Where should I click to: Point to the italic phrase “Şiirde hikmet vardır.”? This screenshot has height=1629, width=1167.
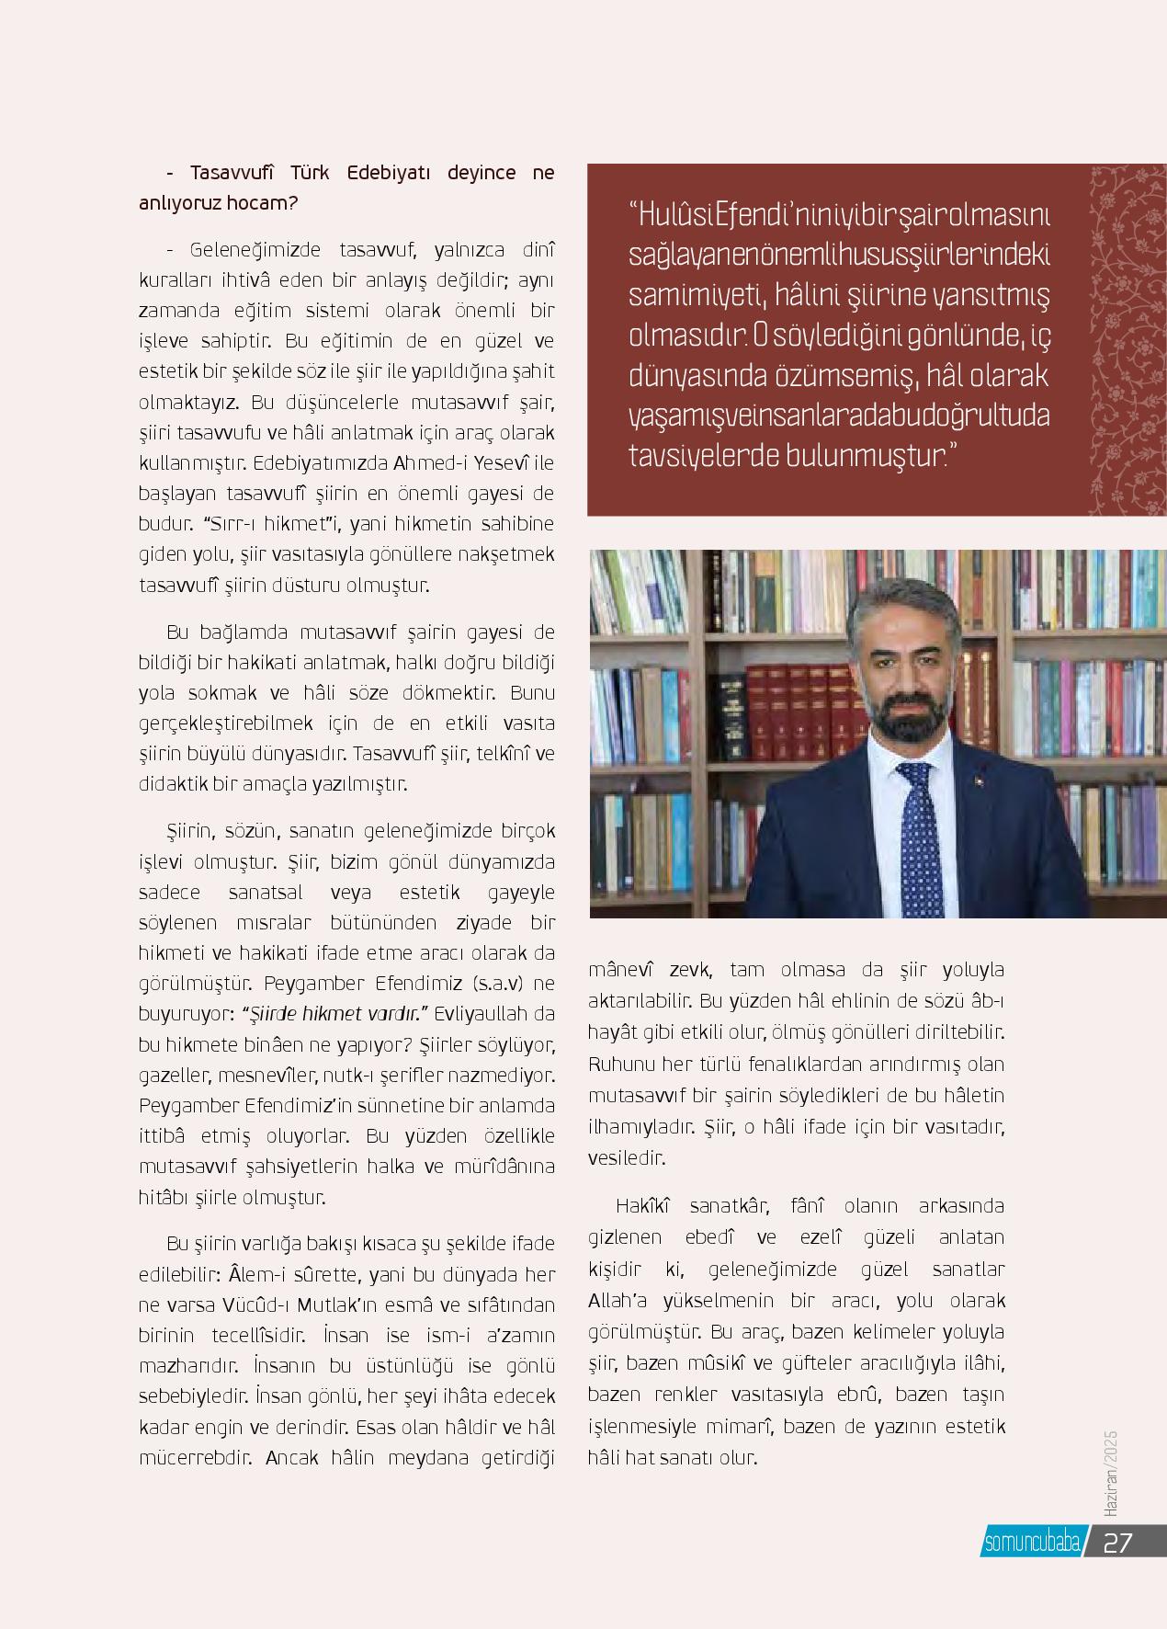tap(336, 1014)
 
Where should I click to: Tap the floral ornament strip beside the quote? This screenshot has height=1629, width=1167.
tap(1127, 341)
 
